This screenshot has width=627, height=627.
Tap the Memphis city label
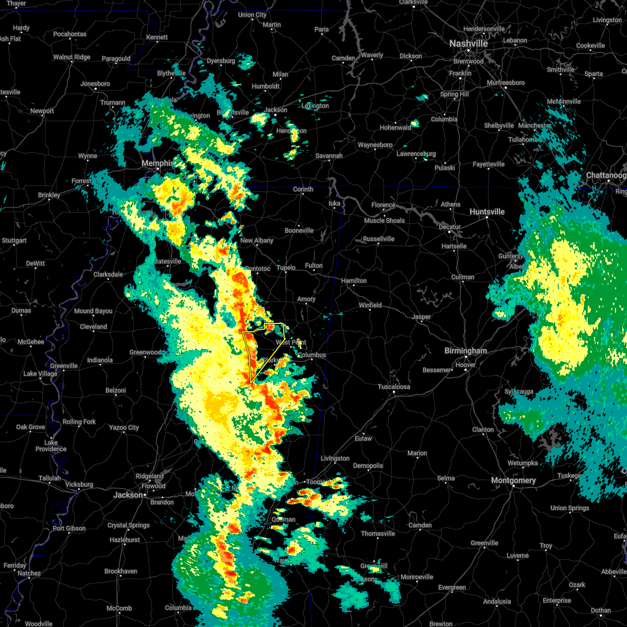[x=157, y=164]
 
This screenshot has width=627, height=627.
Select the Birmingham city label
[x=465, y=351]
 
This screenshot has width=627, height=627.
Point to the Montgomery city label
[x=513, y=480]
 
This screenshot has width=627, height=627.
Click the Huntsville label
[x=487, y=212]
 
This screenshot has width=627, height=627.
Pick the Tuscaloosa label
[x=394, y=387]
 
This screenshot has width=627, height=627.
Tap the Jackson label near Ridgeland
[x=127, y=494]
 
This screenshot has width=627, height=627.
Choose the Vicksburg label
[x=79, y=484]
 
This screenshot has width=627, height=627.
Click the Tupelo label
[x=286, y=268]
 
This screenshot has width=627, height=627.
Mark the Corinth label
[x=303, y=190]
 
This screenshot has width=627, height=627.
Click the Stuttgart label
[x=14, y=241]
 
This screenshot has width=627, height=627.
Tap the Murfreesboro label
[x=506, y=83]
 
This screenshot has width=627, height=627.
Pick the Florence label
[x=384, y=205]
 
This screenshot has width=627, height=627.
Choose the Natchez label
[x=29, y=573]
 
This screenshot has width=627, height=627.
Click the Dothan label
[x=601, y=610]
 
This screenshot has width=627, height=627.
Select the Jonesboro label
[x=95, y=84]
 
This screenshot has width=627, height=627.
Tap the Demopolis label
[x=368, y=466]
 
